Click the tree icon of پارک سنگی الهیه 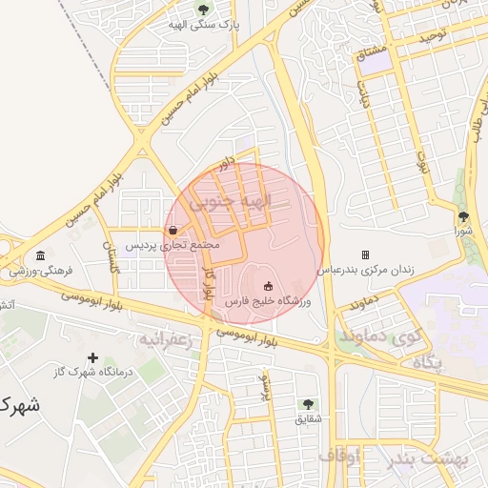click(203, 10)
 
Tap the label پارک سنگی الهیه click(202, 25)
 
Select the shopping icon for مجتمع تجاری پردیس click(172, 230)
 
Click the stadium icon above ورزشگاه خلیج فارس click(268, 285)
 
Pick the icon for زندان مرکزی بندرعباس click(365, 255)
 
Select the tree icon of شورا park click(463, 216)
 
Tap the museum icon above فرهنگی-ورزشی click(40, 255)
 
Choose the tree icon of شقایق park click(308, 403)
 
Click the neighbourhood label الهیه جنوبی click(231, 202)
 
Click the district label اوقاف click(340, 457)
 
